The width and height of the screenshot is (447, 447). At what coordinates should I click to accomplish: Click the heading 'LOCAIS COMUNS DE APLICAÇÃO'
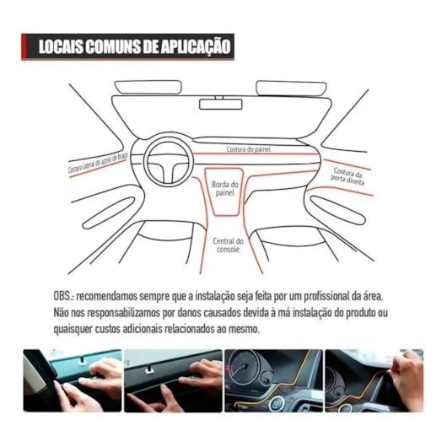(x=128, y=46)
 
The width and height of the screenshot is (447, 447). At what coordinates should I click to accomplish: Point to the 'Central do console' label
(x=229, y=245)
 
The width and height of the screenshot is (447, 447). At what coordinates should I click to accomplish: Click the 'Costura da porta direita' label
(x=347, y=175)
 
